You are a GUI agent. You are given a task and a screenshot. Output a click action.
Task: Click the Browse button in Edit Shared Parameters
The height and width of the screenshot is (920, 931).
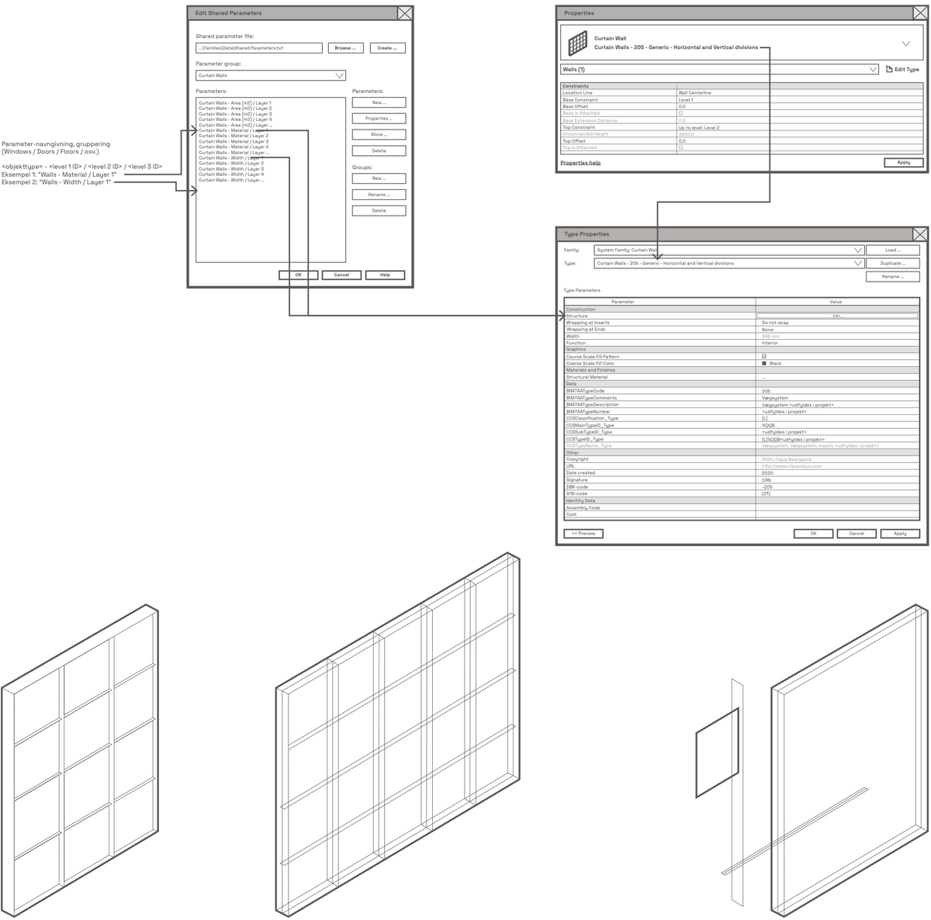[x=345, y=48]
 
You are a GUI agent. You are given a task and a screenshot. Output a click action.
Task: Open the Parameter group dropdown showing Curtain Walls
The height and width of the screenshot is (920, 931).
[x=270, y=75]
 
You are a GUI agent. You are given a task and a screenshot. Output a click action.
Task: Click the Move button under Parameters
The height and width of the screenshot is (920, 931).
[x=379, y=134]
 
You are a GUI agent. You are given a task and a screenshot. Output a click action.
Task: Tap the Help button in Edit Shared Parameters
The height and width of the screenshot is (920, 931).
[x=385, y=275]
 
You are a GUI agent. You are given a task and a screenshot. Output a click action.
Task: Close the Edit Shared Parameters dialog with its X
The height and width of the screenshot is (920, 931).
[x=404, y=13]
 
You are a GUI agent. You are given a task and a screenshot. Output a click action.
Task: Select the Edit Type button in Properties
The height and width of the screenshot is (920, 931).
[x=902, y=69]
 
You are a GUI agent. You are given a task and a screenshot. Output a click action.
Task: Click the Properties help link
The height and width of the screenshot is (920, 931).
[x=580, y=163]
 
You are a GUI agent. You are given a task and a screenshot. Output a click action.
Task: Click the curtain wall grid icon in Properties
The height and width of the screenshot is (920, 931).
[x=576, y=43]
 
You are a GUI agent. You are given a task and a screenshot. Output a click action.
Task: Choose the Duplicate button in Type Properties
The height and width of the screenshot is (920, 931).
[x=892, y=263]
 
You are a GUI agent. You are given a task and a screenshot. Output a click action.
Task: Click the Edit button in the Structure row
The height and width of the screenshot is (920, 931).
[x=836, y=316]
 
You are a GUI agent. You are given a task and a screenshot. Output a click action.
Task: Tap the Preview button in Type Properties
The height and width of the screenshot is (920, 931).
[x=583, y=534]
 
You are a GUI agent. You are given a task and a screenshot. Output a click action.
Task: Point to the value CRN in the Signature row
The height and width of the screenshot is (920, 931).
[x=767, y=480]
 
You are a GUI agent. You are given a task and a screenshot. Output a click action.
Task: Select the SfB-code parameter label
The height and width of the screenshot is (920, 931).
[x=576, y=493]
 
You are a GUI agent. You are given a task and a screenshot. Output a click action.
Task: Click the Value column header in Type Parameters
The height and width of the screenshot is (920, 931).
[x=836, y=302]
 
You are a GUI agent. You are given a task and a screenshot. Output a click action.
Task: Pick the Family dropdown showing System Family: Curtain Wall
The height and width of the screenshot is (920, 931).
[x=729, y=251]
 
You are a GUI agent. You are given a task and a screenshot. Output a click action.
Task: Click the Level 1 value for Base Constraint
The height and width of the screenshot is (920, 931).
[x=686, y=100]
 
